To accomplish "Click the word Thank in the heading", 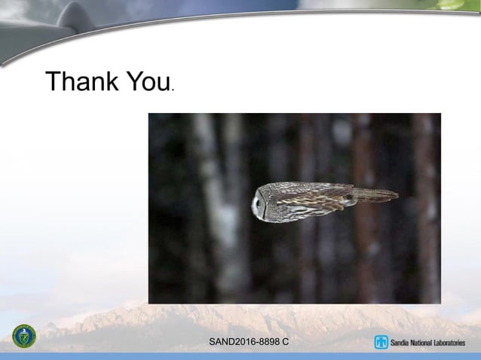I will click(81, 81).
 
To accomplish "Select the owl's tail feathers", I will click(375, 194).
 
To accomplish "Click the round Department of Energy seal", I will click(24, 336).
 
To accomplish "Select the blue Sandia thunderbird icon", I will click(381, 343).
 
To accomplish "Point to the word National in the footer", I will click(427, 343).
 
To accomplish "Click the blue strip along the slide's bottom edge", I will click(240, 356).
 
